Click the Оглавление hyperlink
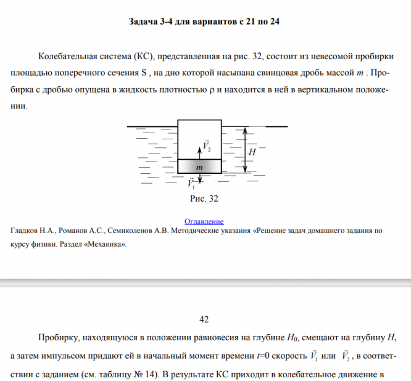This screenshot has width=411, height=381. point(204,221)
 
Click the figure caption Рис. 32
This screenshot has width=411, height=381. point(204,199)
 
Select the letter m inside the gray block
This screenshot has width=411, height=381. point(199,167)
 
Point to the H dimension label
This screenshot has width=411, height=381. point(252,151)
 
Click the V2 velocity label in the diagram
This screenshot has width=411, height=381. point(207,145)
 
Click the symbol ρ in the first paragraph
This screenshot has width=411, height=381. point(212,90)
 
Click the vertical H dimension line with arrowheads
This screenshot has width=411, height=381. point(245,150)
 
